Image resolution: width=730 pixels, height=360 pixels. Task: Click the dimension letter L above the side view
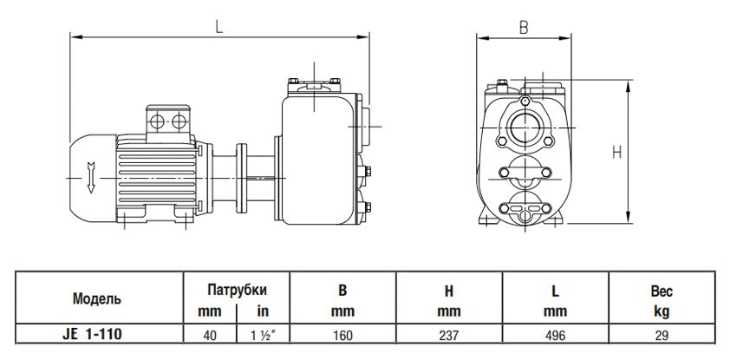pos(219,26)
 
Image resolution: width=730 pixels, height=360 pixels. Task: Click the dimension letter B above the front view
pos(523,27)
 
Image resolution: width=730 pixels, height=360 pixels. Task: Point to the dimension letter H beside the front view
pos(617,153)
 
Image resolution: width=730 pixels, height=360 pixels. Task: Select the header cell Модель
pos(97,298)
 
